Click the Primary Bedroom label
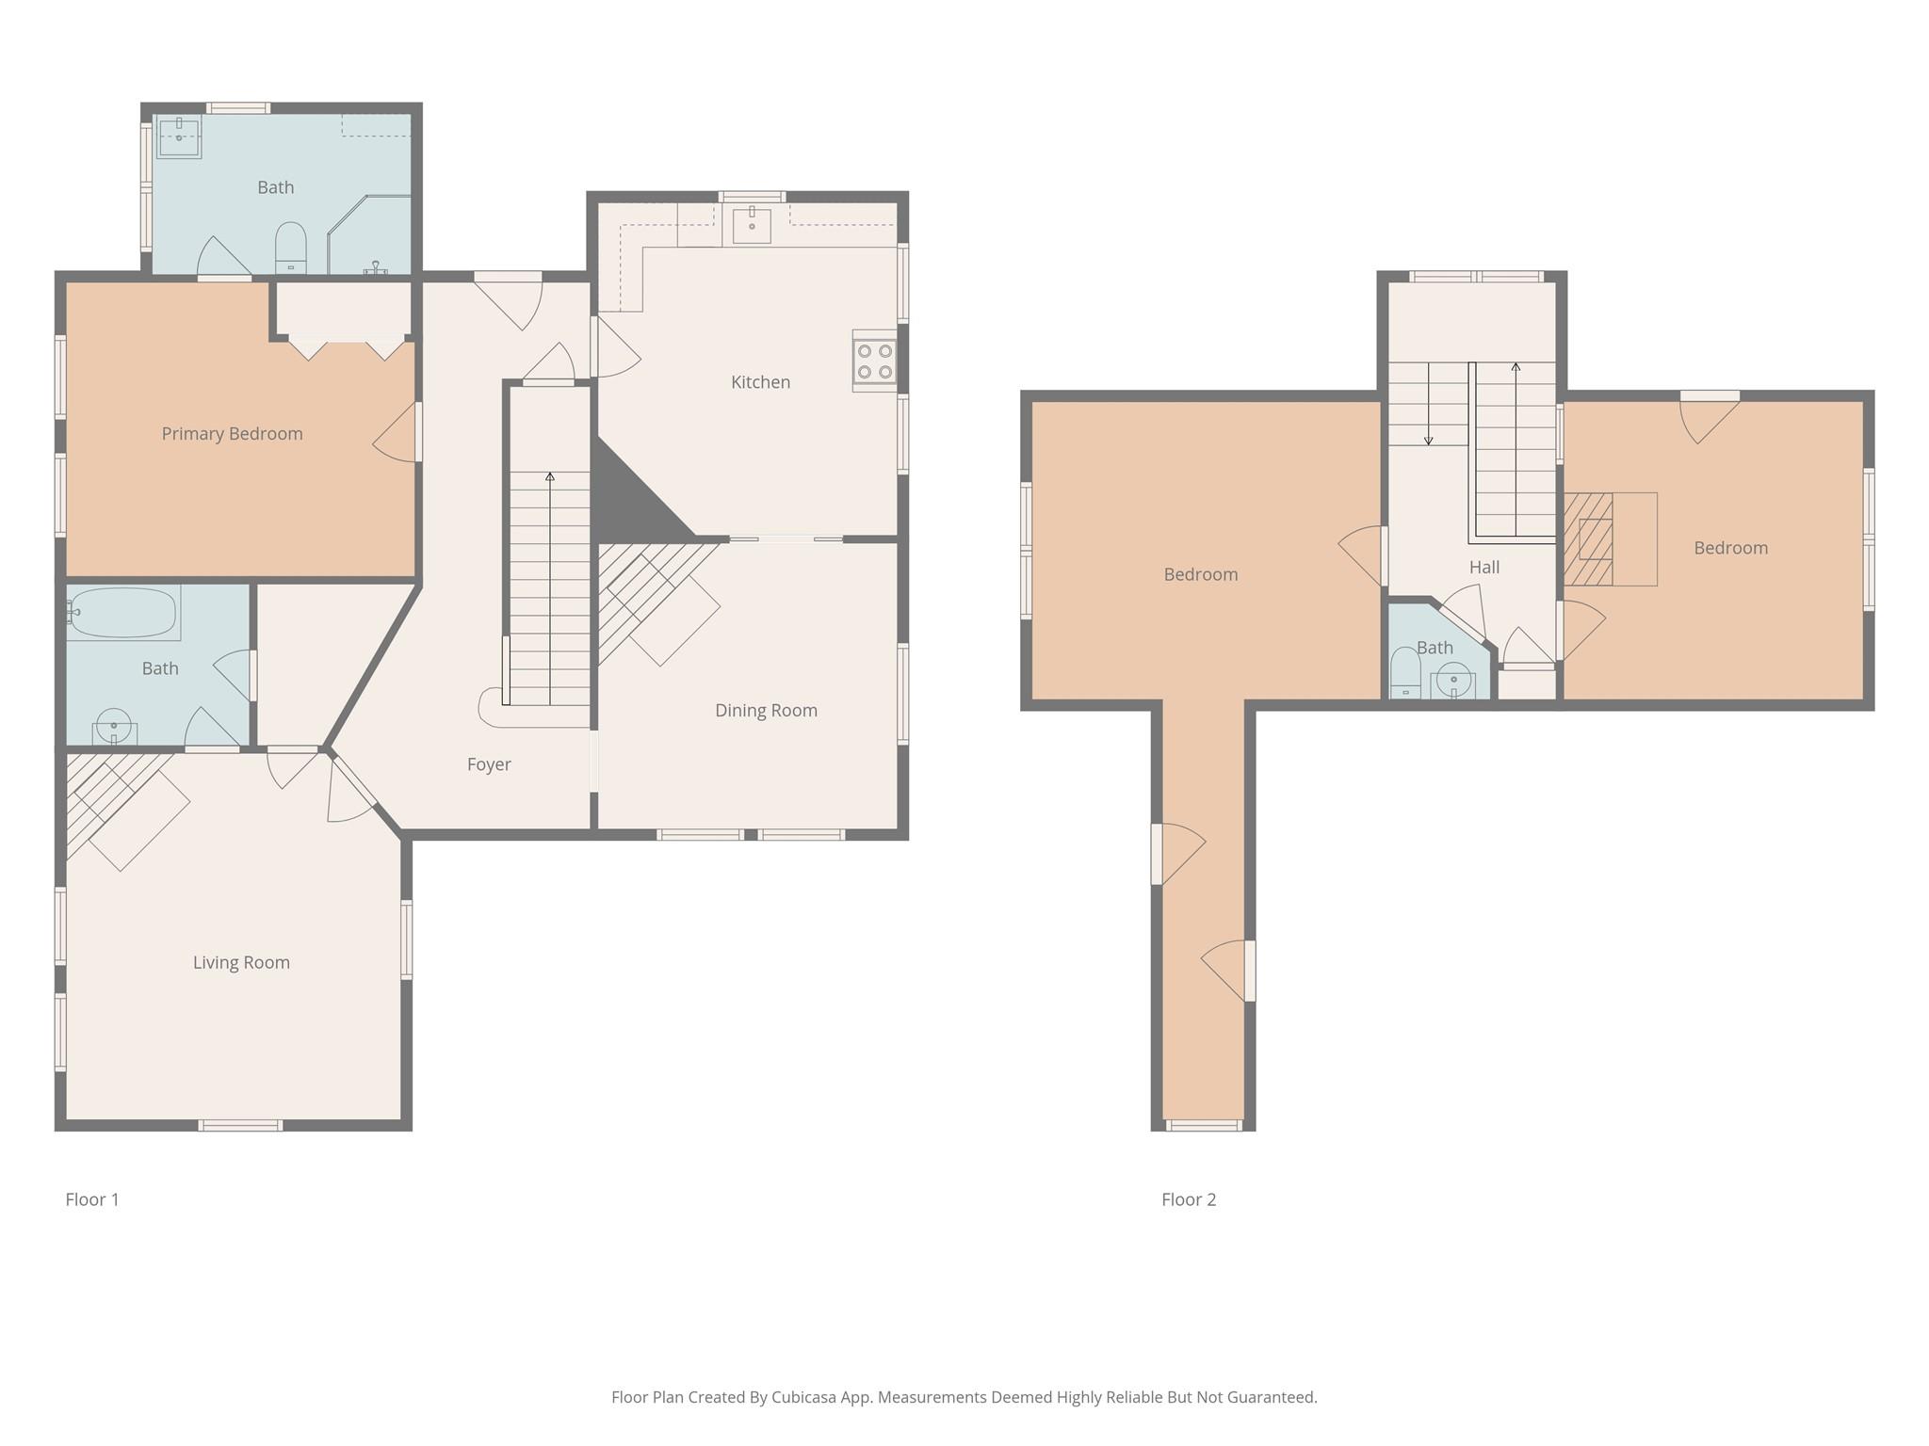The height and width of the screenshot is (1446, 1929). coord(232,434)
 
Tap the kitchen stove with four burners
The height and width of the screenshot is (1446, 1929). coord(874,361)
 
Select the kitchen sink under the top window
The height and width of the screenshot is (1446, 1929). coord(752,226)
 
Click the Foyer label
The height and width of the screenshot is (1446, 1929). coord(489,764)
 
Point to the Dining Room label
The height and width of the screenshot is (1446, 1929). coord(766,711)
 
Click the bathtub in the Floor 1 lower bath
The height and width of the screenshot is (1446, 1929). coord(123,613)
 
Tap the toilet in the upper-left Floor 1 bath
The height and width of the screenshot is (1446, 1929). coord(291,248)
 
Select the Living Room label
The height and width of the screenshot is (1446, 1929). coord(241,962)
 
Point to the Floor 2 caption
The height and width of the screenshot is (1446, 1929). coord(1189,1199)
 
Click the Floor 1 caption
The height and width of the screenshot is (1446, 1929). coord(92,1199)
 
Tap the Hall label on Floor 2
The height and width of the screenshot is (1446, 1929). coord(1484,568)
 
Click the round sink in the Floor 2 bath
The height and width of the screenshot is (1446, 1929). coord(1453,679)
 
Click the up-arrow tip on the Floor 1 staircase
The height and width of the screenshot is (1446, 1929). coord(550,476)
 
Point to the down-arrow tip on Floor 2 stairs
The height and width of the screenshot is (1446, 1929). coord(1429,442)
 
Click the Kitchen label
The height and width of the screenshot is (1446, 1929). coord(760,382)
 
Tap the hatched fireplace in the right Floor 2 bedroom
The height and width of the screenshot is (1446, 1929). coord(1589,539)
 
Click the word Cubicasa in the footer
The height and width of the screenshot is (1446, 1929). coord(804,1397)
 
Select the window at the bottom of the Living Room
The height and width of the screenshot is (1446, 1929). coord(240,1125)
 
